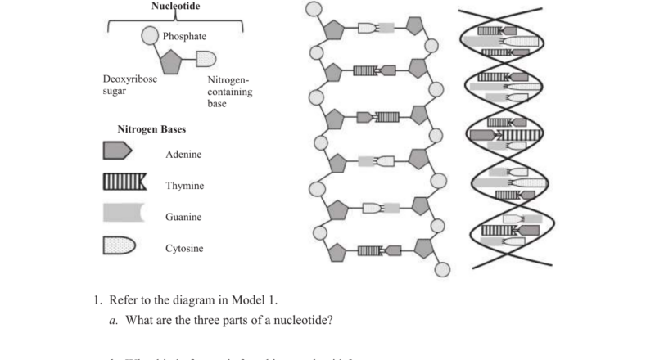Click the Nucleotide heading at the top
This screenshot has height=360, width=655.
click(x=176, y=7)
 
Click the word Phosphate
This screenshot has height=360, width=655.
click(x=184, y=37)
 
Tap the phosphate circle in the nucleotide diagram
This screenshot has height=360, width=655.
click(x=150, y=36)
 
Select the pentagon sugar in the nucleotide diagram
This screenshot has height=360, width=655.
click(x=170, y=61)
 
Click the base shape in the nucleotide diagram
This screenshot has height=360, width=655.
click(x=206, y=59)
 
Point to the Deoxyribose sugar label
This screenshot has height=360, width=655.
click(x=130, y=86)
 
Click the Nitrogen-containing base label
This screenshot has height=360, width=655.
click(x=228, y=92)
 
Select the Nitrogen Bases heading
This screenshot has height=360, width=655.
click(x=151, y=130)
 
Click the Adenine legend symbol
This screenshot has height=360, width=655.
click(x=116, y=151)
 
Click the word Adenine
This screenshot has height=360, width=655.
click(x=183, y=155)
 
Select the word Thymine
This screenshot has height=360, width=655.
click(x=185, y=186)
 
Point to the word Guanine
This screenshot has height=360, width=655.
click(x=183, y=218)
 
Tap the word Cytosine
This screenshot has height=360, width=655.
click(x=184, y=249)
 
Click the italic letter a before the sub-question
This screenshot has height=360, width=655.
click(x=112, y=320)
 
